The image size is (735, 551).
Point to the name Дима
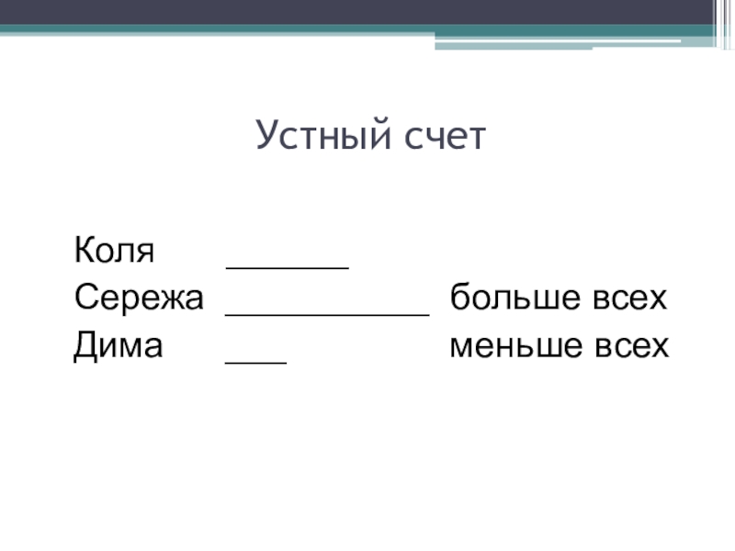[119, 346]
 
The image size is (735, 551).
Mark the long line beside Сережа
[327, 314]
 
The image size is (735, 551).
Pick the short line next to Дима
[256, 362]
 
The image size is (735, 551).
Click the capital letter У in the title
[266, 137]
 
